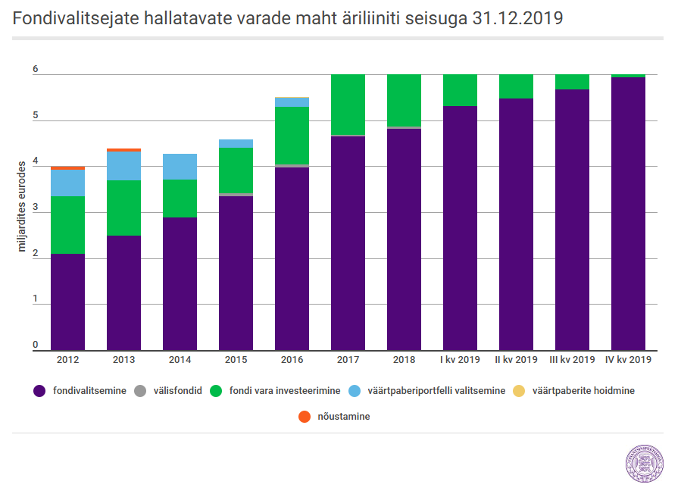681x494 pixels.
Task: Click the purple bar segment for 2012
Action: (67, 302)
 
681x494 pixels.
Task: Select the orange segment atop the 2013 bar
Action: (123, 150)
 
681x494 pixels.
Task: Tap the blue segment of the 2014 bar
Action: (180, 167)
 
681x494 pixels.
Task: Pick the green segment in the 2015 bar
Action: (236, 170)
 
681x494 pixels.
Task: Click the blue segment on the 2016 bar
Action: (292, 102)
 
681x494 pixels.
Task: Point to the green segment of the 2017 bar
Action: (348, 105)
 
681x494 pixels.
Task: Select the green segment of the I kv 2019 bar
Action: (460, 90)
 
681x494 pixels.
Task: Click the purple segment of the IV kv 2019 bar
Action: (628, 214)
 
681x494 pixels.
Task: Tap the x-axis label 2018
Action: (404, 360)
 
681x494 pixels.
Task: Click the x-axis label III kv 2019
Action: (572, 360)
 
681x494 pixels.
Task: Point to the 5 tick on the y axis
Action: (36, 115)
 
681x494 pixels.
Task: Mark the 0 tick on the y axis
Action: (36, 345)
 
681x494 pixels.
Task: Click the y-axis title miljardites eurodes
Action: (22, 206)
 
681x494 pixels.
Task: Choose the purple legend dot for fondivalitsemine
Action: (39, 391)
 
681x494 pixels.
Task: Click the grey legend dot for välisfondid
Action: (140, 391)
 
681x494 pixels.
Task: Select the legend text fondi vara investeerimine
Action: (285, 391)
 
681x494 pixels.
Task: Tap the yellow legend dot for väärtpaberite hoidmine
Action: (519, 391)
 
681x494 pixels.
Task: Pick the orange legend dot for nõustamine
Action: (305, 416)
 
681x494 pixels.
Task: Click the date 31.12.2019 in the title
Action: (517, 18)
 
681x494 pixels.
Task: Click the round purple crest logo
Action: (645, 464)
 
